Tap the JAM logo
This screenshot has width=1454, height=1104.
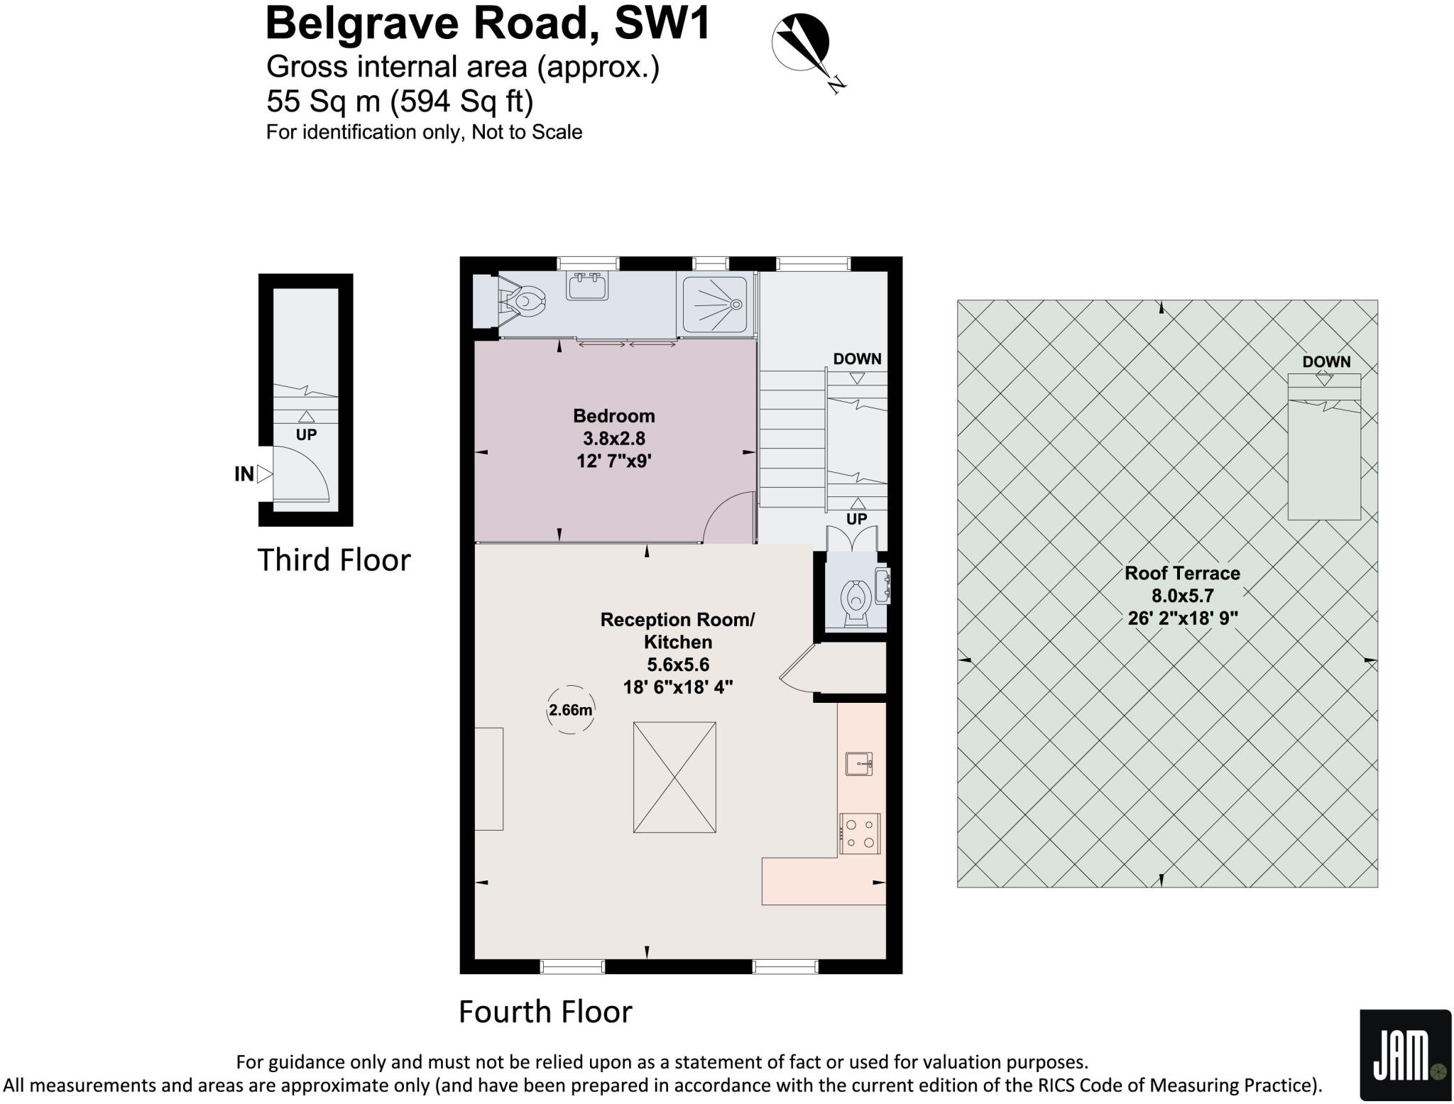(1404, 1054)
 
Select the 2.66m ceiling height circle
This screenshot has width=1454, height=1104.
(570, 709)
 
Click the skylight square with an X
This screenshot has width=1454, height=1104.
(674, 777)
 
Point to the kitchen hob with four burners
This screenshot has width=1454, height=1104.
(860, 834)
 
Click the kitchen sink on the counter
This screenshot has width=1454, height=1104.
(859, 764)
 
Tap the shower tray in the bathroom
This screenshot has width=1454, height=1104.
(715, 304)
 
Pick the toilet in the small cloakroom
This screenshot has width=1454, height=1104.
(856, 601)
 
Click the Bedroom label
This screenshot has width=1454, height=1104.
(614, 416)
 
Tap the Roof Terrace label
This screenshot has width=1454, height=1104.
(1182, 573)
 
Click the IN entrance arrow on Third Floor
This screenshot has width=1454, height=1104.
(263, 474)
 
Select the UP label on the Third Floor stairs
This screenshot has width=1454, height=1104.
(306, 435)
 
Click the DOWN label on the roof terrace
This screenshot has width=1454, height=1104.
(1325, 361)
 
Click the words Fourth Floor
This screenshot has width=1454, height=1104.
(545, 1012)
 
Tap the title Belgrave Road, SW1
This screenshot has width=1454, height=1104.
(487, 23)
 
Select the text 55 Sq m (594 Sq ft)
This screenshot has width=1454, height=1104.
(399, 102)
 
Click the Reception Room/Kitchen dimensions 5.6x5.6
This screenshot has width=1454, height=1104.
(677, 665)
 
